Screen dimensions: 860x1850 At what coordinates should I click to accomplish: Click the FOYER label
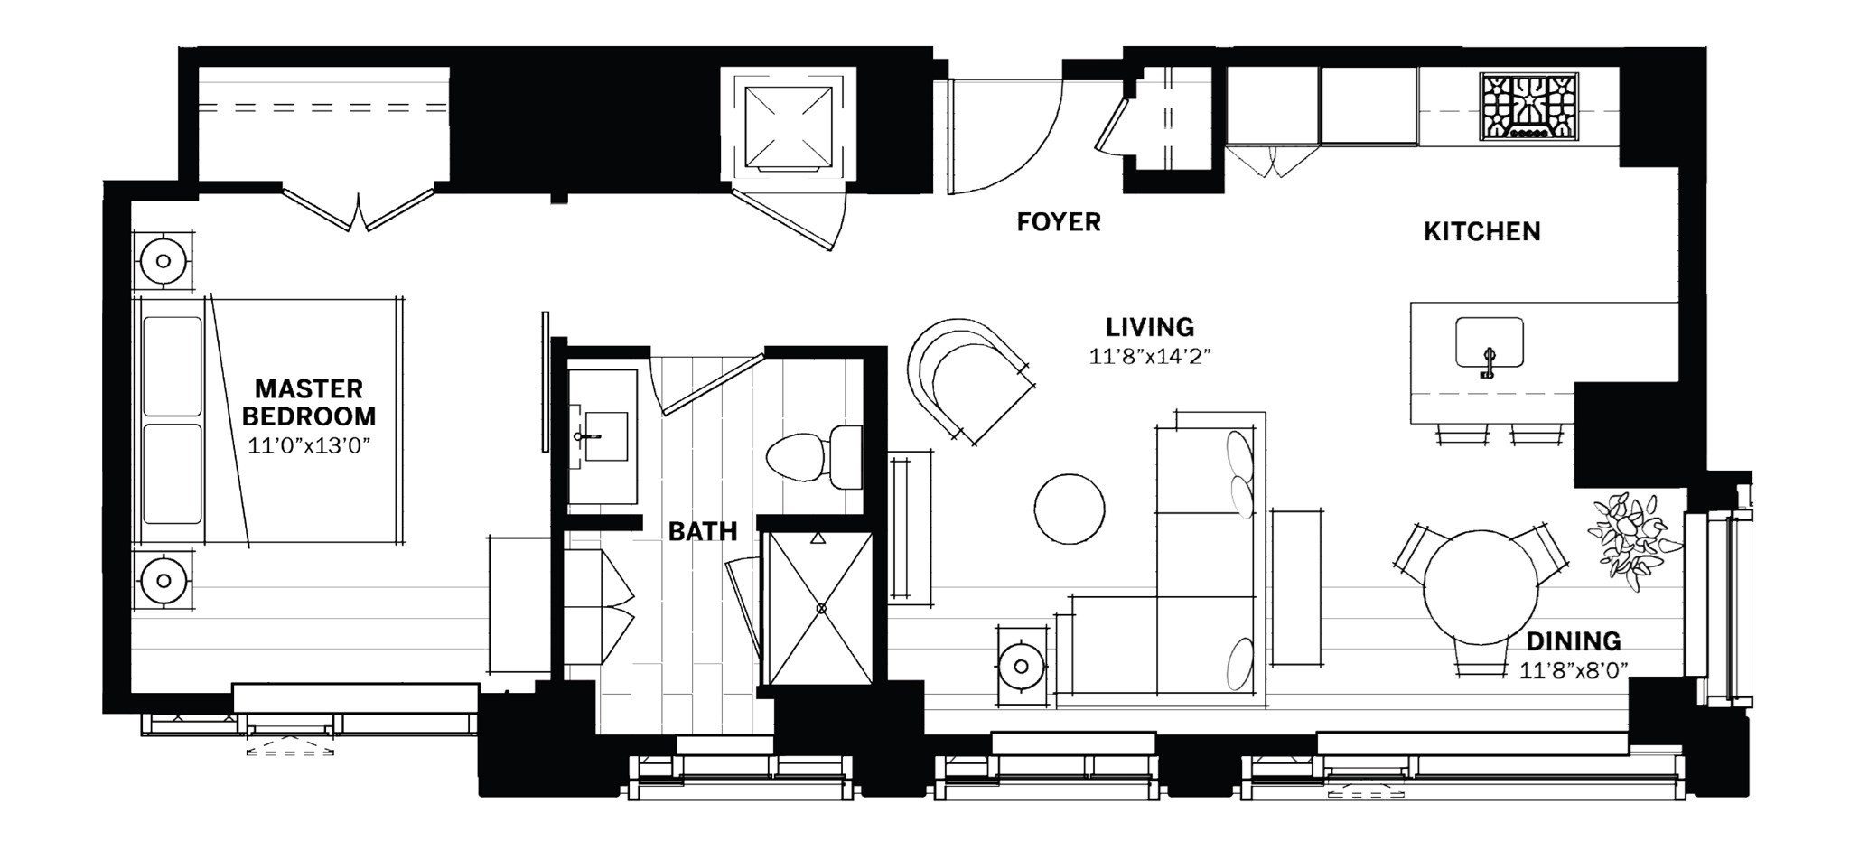[1058, 222]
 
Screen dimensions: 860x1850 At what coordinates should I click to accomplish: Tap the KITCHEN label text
[1481, 232]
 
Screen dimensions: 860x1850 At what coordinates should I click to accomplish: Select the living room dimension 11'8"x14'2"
[1149, 357]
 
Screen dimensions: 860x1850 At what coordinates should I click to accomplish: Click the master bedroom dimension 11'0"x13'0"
[309, 445]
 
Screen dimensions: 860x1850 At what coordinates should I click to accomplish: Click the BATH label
[702, 532]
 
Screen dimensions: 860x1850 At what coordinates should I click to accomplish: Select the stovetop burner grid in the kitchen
[1528, 107]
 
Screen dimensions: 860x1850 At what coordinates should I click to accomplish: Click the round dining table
[1480, 587]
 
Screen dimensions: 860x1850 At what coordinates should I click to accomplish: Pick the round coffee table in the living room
[1069, 509]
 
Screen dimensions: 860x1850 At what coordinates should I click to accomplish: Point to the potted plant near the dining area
[1632, 540]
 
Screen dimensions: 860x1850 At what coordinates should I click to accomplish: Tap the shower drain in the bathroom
[820, 609]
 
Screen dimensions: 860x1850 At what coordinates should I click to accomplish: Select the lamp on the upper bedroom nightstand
[164, 261]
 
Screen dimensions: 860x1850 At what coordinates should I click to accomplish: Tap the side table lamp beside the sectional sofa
[1021, 667]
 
